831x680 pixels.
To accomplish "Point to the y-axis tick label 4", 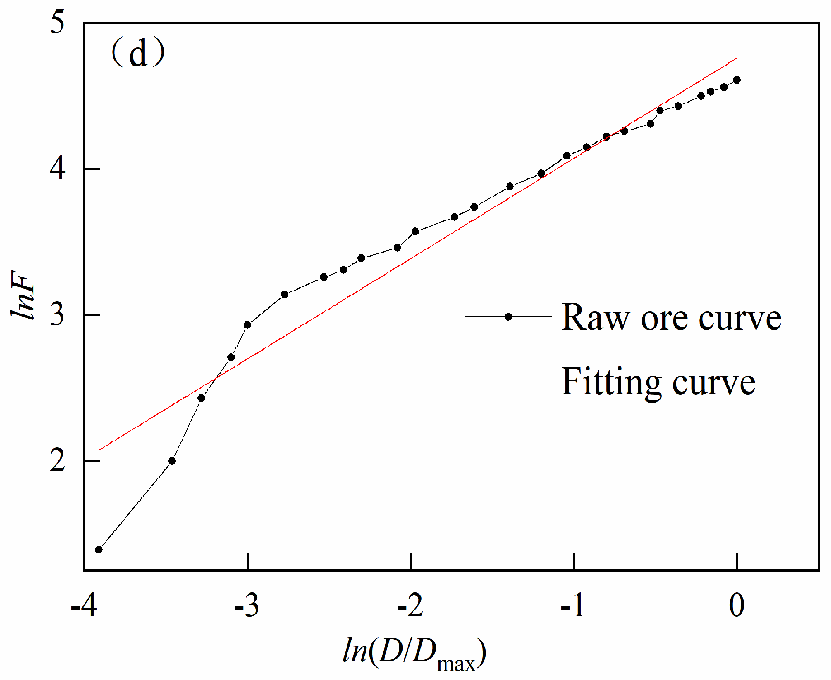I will pos(57,169).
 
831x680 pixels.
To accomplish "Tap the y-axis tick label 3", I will pos(57,315).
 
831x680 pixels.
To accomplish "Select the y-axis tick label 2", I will pos(57,461).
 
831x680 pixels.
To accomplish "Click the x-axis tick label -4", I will pos(84,605).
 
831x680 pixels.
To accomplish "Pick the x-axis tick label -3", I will pos(247,605).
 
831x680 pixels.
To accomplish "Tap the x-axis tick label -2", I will pos(410,605).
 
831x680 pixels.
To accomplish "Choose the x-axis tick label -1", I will pos(573,605).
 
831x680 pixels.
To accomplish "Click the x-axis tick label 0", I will pos(737,605).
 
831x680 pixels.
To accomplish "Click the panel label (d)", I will pos(138,53).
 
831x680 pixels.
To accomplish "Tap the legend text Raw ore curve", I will pos(671,317).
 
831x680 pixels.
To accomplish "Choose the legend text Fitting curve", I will pos(658,382).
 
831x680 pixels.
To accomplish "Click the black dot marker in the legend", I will pos(508,317).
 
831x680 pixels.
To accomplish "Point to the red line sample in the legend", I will pos(508,381).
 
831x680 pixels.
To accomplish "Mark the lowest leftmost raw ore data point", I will pos(99,549).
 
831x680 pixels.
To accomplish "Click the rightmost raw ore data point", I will pos(737,80).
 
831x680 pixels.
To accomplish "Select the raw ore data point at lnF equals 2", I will pos(172,461).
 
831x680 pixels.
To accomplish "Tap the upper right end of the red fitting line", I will pos(736,59).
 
